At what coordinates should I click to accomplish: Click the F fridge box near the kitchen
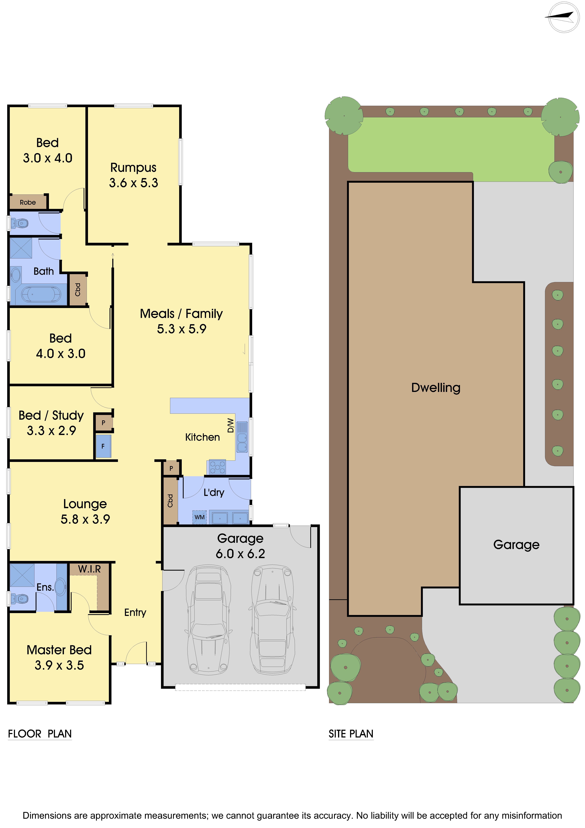103,446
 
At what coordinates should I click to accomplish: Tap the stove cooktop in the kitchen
217,467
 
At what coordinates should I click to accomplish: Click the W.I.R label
89,569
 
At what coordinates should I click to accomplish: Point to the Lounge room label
85,504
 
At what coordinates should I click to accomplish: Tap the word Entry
135,612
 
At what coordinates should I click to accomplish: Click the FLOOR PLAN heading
40,734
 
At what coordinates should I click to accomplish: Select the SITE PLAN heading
351,734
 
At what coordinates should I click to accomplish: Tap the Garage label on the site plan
516,545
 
